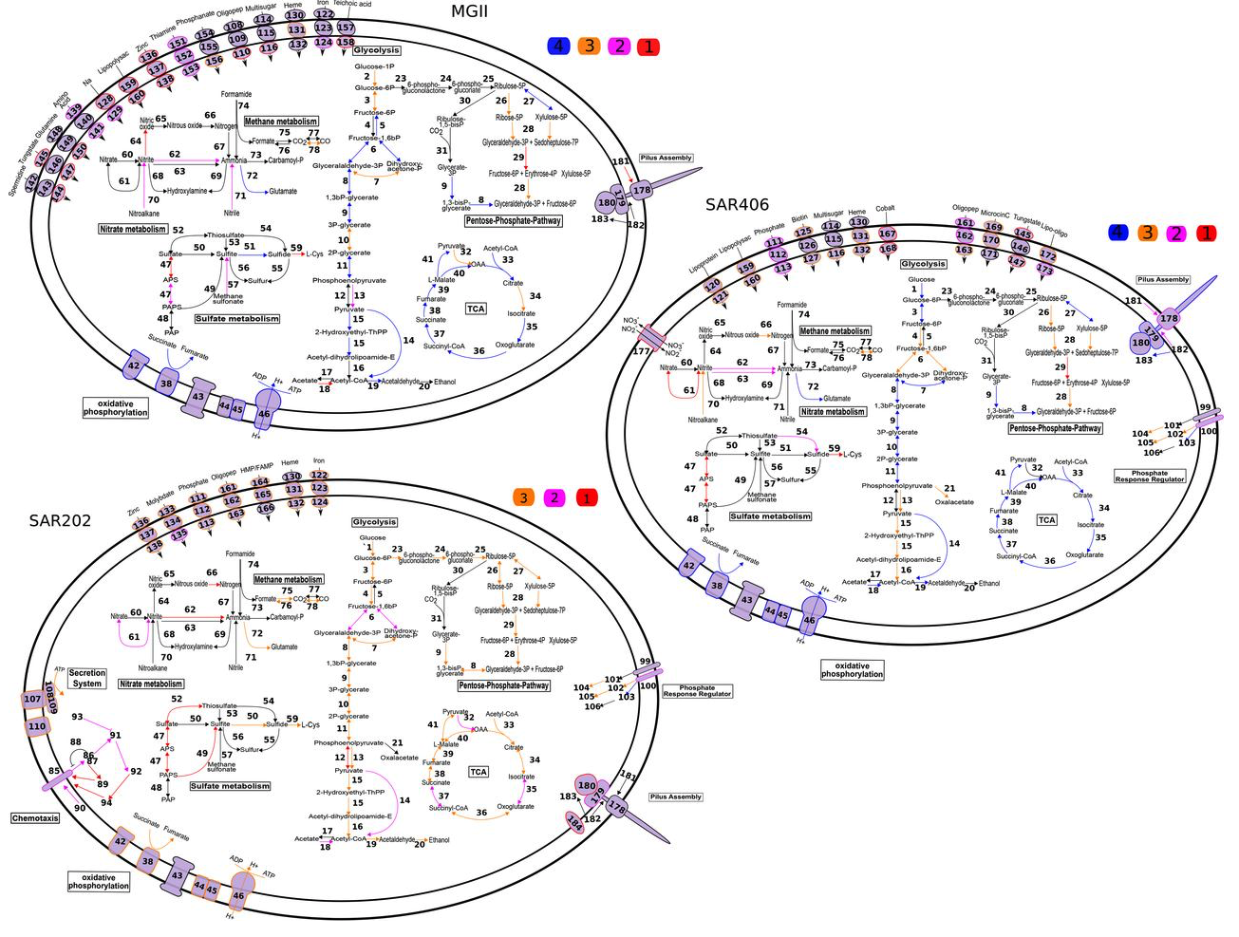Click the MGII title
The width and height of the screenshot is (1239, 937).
point(469,11)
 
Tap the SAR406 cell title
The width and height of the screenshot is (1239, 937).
point(737,204)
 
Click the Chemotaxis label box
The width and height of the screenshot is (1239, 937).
point(35,817)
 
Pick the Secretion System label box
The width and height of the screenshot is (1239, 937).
point(86,678)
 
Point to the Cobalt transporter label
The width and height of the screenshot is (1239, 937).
point(885,208)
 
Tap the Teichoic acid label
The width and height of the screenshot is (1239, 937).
point(351,5)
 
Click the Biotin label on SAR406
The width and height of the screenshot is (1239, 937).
point(800,218)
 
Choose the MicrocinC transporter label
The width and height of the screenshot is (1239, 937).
point(995,215)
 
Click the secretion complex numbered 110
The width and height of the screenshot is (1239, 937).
point(37,726)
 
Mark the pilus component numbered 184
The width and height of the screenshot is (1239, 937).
point(574,821)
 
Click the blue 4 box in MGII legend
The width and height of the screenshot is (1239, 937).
point(558,46)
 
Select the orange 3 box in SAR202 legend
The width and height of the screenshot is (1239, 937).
point(523,497)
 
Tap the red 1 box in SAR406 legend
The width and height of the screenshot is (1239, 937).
point(1205,234)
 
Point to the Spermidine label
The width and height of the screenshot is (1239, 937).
point(18,181)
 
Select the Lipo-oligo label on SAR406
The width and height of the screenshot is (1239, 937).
point(1054,229)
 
